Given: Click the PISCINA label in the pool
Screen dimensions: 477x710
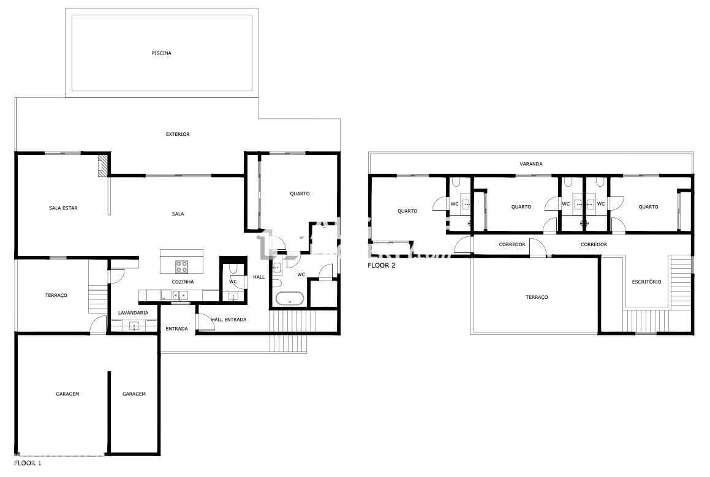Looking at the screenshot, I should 162,53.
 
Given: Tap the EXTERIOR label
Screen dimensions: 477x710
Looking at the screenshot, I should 178,134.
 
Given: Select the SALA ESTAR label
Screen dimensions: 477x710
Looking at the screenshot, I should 63,208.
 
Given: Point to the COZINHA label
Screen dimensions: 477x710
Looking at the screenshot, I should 183,282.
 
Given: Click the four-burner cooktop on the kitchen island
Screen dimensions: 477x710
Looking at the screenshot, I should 182,266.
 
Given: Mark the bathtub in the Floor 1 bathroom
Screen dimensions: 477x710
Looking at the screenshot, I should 290,299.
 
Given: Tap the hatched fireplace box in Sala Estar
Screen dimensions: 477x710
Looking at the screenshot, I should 103,165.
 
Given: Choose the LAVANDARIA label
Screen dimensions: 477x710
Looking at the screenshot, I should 133,313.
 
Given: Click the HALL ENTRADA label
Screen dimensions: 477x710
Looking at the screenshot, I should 228,320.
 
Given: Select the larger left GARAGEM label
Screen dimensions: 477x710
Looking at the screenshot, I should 64,394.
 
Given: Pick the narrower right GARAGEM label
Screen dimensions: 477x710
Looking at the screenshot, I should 134,394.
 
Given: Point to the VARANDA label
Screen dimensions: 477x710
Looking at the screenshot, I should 531,164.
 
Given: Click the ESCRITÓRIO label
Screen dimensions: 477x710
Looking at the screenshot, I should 646,282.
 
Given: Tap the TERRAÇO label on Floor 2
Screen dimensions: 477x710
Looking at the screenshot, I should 537,297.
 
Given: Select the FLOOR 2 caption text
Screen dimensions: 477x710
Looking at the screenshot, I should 382,266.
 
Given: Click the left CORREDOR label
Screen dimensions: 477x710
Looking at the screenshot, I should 512,244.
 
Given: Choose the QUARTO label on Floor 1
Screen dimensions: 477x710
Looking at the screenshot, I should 300,193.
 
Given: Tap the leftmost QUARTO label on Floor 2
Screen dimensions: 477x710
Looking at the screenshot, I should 407,211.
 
